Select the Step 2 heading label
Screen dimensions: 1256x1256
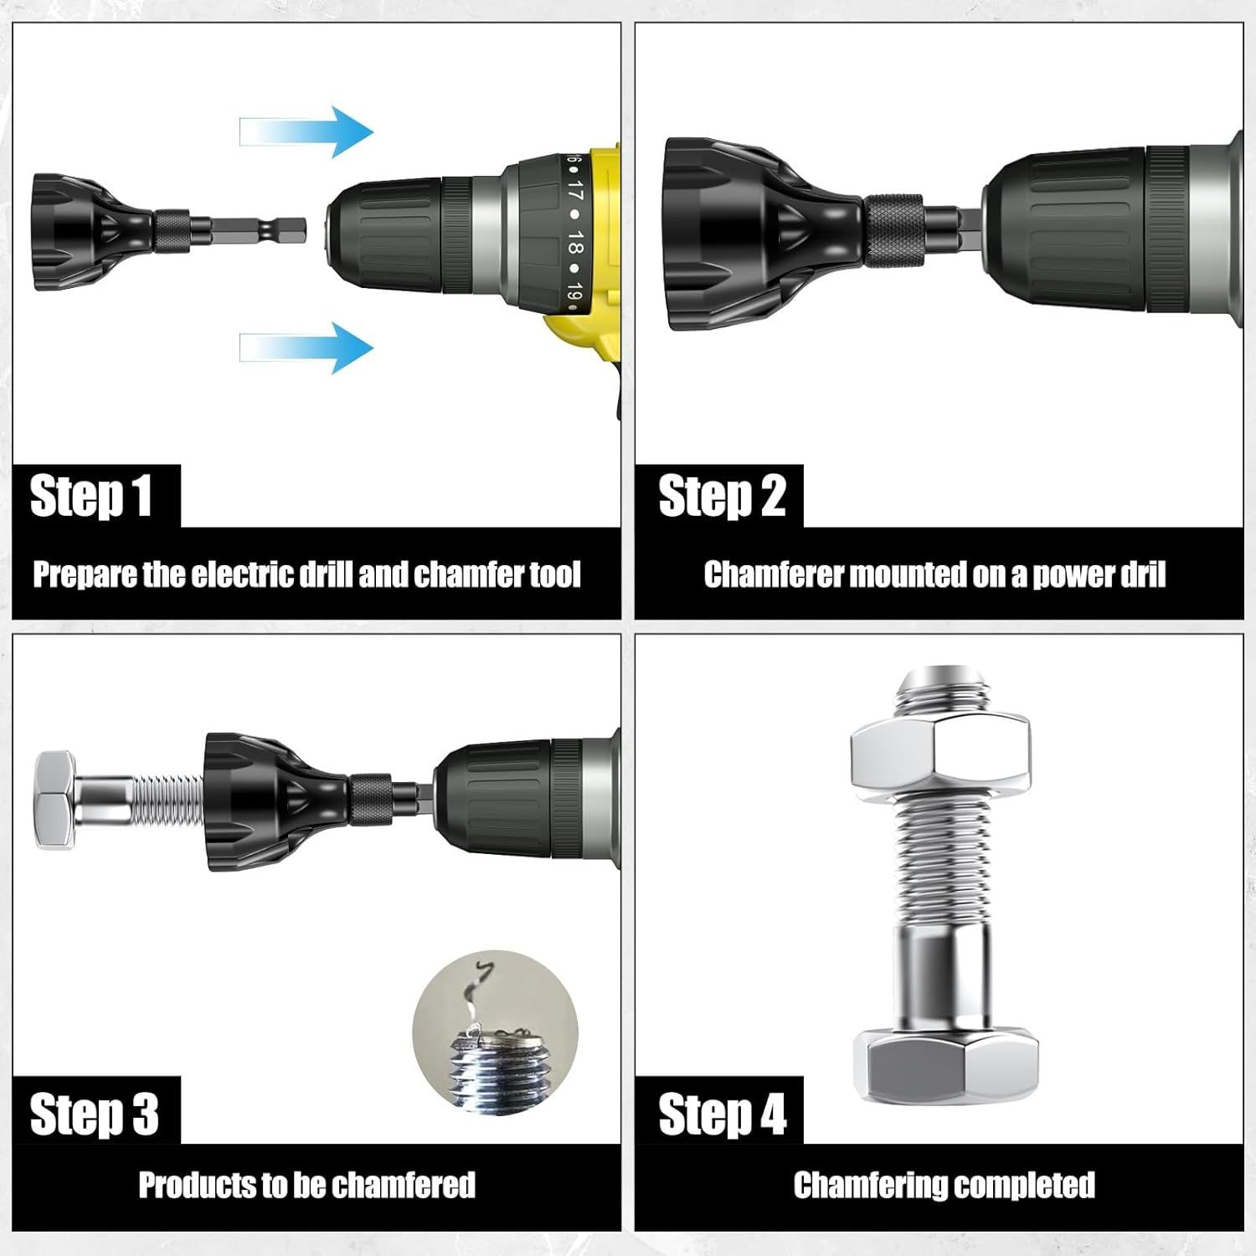tap(721, 496)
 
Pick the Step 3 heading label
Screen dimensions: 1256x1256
tap(94, 1114)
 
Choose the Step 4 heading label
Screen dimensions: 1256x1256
tap(721, 1114)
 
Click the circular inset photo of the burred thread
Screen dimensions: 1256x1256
tap(496, 1032)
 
